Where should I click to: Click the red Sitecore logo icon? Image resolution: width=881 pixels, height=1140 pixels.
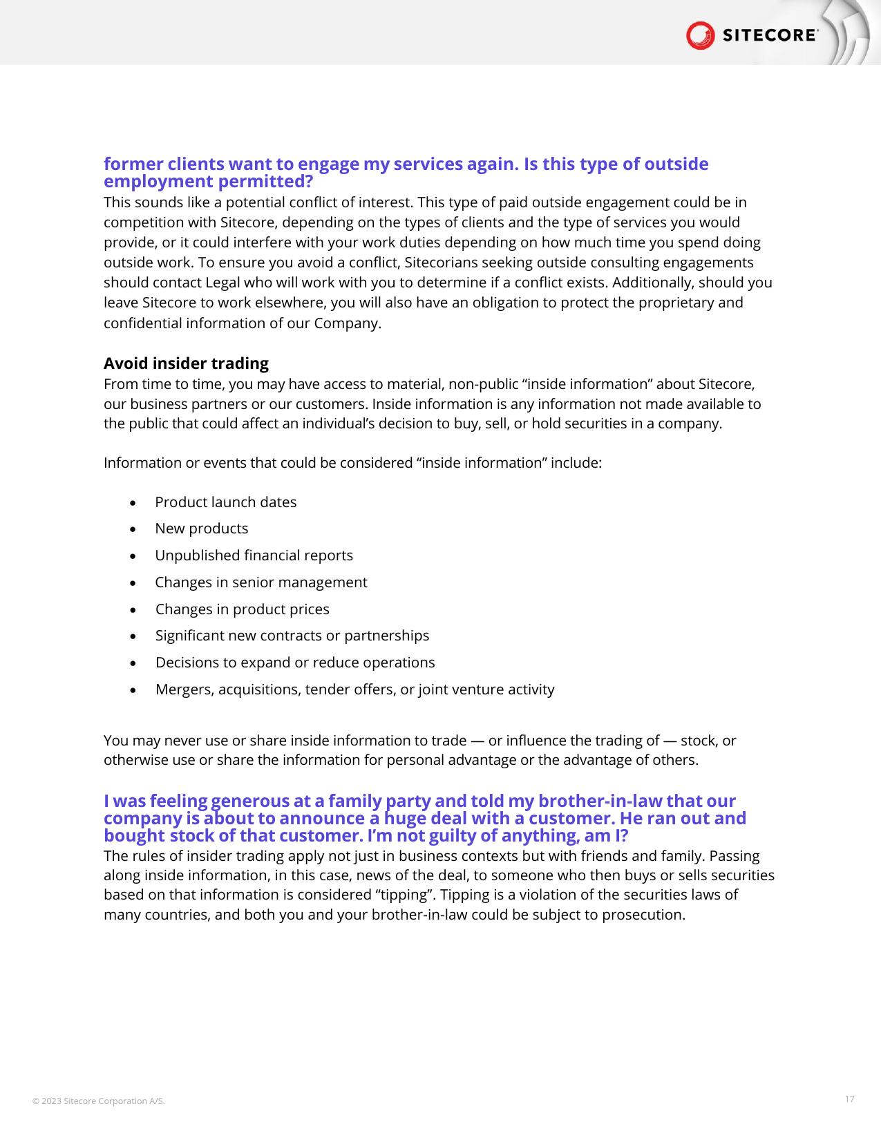point(700,35)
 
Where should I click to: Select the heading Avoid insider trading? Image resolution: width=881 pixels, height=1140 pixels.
point(186,363)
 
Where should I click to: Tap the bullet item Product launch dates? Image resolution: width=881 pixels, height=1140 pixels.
point(225,502)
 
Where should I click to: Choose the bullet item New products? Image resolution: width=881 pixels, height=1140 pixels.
point(201,529)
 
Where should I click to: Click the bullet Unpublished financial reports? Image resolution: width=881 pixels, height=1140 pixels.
point(254,555)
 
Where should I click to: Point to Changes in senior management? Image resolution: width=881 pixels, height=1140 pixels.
point(260,582)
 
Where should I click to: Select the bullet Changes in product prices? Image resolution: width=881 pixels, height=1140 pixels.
point(242,609)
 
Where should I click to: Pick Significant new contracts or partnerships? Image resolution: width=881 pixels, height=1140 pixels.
point(292,636)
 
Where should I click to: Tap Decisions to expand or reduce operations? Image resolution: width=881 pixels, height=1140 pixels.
point(295,663)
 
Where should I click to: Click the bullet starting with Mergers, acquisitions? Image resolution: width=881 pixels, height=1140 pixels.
point(354,690)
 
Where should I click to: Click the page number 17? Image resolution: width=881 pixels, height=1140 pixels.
point(849,1099)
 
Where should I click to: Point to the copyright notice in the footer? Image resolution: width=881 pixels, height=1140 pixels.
point(99,1101)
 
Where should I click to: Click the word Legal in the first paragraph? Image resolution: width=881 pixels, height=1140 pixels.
point(222,283)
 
